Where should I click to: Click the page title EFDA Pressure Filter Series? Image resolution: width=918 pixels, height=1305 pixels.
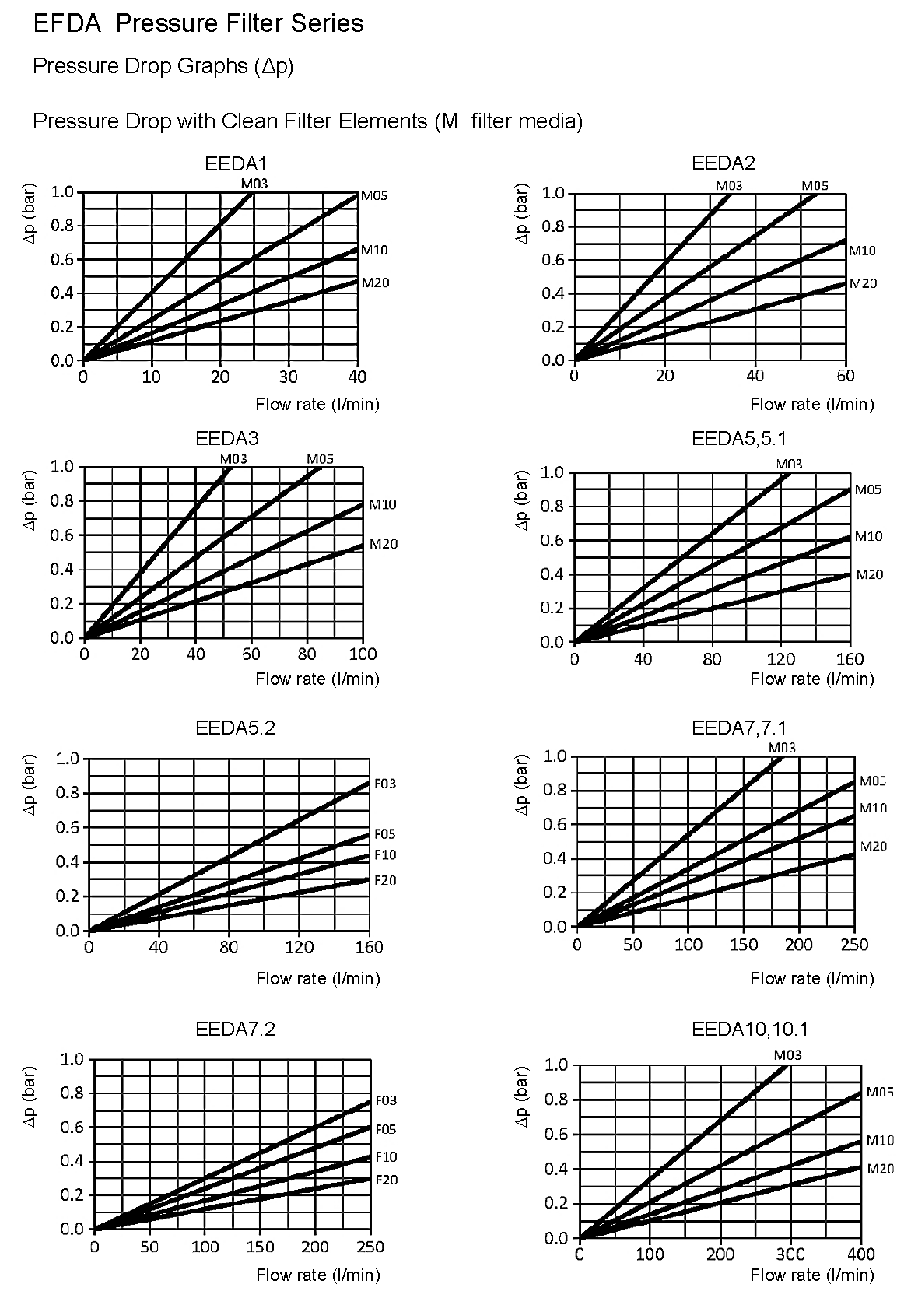[198, 23]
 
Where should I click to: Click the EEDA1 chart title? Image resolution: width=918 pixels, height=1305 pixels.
[236, 164]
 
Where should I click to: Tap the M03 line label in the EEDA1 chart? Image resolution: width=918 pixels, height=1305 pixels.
[254, 184]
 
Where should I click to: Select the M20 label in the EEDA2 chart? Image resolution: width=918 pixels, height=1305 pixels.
[862, 283]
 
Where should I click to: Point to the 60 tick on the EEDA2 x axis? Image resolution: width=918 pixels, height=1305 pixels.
[845, 376]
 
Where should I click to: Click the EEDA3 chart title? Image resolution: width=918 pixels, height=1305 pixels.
[227, 439]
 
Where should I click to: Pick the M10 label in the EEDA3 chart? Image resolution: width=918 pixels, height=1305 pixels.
[382, 504]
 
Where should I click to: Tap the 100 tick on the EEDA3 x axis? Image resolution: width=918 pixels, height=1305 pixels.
[363, 654]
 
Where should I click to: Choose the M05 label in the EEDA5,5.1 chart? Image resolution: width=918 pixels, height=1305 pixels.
[868, 489]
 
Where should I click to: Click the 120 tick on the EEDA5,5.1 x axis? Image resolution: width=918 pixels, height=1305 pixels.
[781, 659]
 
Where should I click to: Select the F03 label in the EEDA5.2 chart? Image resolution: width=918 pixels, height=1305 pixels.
[385, 784]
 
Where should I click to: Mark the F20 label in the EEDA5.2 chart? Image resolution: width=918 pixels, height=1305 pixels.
[385, 880]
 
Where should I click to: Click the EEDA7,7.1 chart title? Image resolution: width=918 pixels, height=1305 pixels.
[739, 728]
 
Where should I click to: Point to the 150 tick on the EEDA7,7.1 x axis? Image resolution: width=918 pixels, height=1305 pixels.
[744, 945]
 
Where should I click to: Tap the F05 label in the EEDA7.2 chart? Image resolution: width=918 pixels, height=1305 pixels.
[386, 1129]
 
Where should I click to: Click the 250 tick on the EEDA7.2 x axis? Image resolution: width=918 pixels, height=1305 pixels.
[370, 1247]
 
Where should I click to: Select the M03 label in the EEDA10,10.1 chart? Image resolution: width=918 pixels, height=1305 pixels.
[787, 1055]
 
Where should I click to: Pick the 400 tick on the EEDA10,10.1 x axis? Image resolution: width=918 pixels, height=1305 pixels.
[861, 1254]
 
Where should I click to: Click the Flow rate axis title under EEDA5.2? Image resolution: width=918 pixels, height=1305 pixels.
[317, 978]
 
